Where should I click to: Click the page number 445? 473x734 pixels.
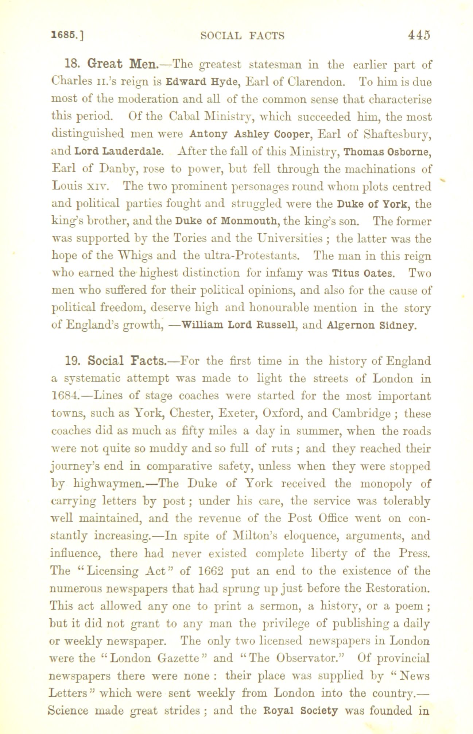(x=419, y=35)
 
